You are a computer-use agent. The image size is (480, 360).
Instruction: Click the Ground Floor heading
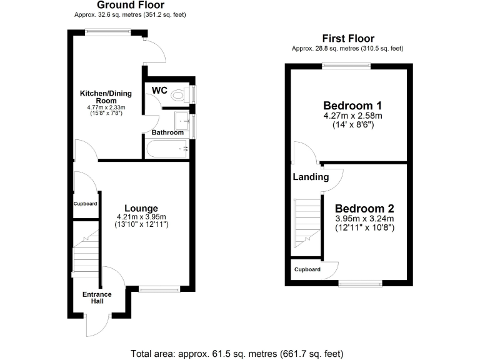pyautogui.click(x=129, y=5)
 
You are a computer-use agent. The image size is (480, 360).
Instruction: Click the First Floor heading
pyautogui.click(x=347, y=39)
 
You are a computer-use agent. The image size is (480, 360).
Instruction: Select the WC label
pyautogui.click(x=159, y=91)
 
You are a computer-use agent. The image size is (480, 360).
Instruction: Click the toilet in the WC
pyautogui.click(x=181, y=94)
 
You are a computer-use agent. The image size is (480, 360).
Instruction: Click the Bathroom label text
pyautogui.click(x=167, y=132)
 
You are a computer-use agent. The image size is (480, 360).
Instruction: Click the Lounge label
pyautogui.click(x=141, y=208)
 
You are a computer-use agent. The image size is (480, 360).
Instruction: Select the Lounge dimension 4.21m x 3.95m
pyautogui.click(x=141, y=217)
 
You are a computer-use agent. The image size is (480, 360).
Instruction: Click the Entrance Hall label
pyautogui.click(x=97, y=297)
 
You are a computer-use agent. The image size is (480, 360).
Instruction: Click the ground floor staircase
pyautogui.click(x=86, y=253)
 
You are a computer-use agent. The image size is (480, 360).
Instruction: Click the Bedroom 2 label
pyautogui.click(x=364, y=208)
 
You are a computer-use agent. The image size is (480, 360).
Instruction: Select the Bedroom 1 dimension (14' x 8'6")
pyautogui.click(x=352, y=124)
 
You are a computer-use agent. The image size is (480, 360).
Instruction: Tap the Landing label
pyautogui.click(x=311, y=177)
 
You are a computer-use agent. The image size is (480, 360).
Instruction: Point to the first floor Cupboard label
pyautogui.click(x=307, y=269)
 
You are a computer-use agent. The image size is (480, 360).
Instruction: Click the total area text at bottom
pyautogui.click(x=237, y=354)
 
